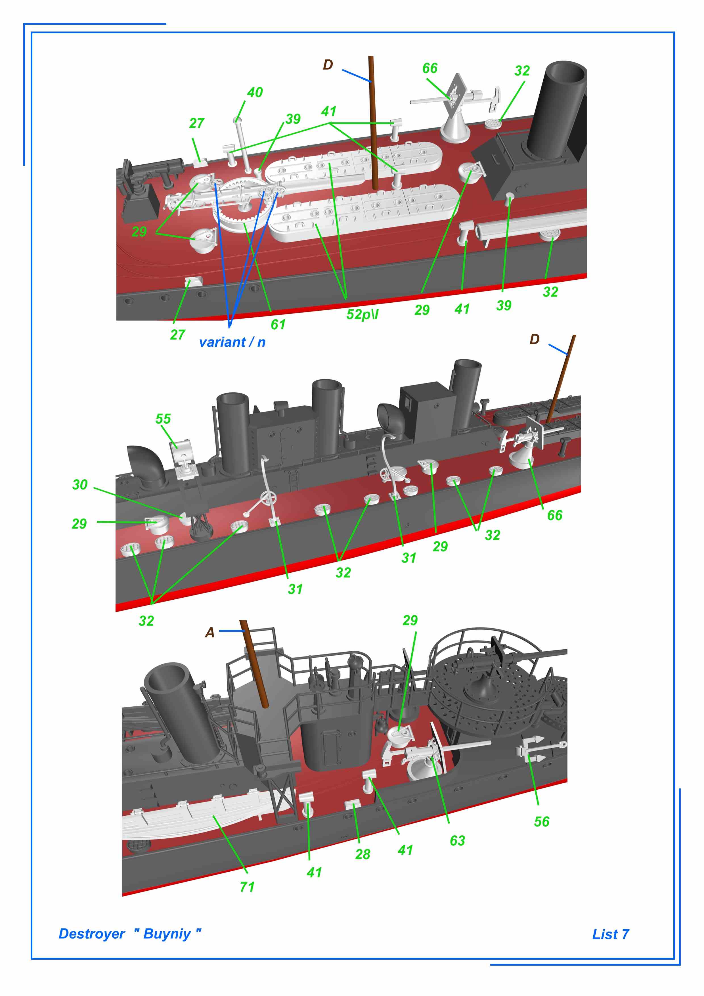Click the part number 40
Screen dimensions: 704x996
[x=255, y=92]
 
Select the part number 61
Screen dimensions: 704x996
[x=278, y=325]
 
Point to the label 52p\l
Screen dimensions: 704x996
[x=362, y=314]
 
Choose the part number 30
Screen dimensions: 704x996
[x=80, y=485]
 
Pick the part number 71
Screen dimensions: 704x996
[x=247, y=887]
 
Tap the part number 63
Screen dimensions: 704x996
[x=458, y=841]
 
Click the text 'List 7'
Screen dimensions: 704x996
[x=611, y=934]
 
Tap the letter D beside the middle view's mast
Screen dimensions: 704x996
[x=535, y=339]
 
